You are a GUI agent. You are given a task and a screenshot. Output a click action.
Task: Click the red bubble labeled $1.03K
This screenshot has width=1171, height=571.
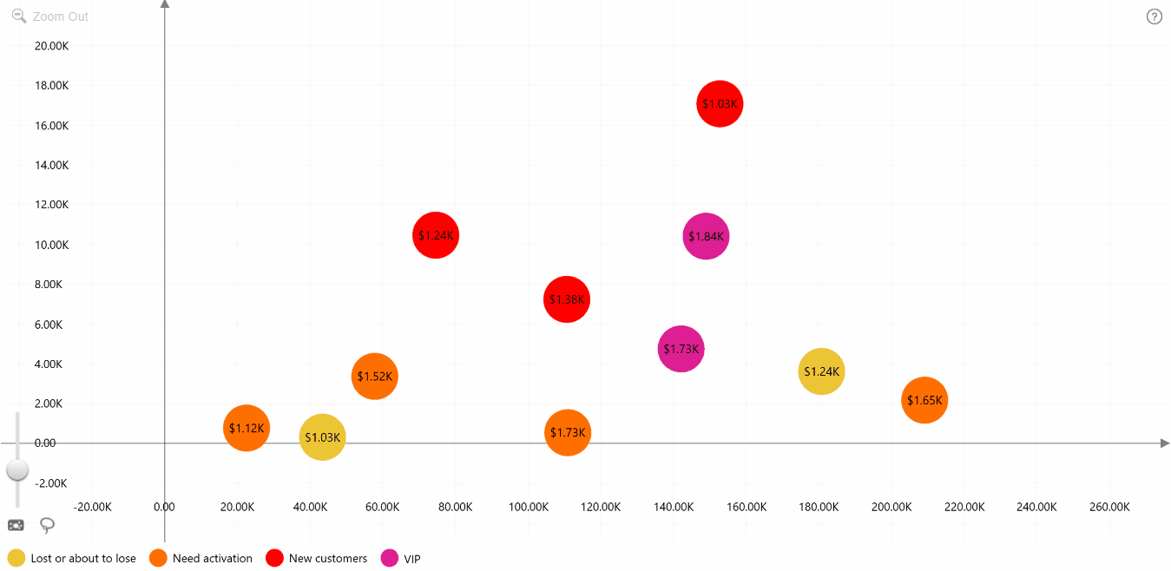tap(720, 103)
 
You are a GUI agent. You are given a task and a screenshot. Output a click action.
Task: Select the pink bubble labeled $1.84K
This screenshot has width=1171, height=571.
tap(706, 236)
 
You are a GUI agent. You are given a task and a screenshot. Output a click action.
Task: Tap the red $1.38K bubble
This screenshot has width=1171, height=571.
tap(567, 299)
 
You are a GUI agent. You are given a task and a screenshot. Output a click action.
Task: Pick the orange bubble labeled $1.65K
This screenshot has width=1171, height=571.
tap(924, 400)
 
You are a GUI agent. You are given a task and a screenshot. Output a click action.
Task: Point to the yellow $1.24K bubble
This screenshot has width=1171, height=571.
tap(821, 371)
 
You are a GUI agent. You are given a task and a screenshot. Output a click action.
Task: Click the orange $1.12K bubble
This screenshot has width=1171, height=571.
tap(247, 428)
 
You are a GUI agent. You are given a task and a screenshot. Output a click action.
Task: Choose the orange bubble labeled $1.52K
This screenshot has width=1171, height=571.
tap(374, 376)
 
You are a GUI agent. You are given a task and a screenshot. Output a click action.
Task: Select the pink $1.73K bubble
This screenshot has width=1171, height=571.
tap(681, 349)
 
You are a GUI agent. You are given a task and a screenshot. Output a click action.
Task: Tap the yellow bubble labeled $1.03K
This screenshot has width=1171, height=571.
tap(322, 437)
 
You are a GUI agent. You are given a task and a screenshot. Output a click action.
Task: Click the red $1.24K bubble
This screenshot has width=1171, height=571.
tap(436, 235)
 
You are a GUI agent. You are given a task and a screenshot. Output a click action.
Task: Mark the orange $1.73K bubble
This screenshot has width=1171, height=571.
tap(567, 432)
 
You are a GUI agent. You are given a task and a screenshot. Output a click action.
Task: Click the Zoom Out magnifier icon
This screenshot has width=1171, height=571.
tap(19, 16)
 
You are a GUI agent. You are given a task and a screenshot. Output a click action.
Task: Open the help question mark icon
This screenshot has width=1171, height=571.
tap(1155, 16)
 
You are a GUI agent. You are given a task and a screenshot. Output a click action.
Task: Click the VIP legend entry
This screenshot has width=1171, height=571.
tap(400, 559)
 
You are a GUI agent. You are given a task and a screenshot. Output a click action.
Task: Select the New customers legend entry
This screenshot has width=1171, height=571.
tap(316, 558)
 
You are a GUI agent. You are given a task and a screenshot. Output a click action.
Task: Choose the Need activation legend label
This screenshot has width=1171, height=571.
tap(213, 558)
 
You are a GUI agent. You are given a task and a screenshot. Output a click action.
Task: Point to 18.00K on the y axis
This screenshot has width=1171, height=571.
tap(52, 85)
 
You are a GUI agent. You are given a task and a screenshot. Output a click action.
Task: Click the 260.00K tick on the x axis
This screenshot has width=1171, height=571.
tap(1109, 507)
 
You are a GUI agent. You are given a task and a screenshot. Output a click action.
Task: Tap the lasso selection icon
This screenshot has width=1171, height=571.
tap(47, 525)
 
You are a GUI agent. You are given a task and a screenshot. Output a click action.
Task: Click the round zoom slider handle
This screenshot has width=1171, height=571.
tap(17, 469)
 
